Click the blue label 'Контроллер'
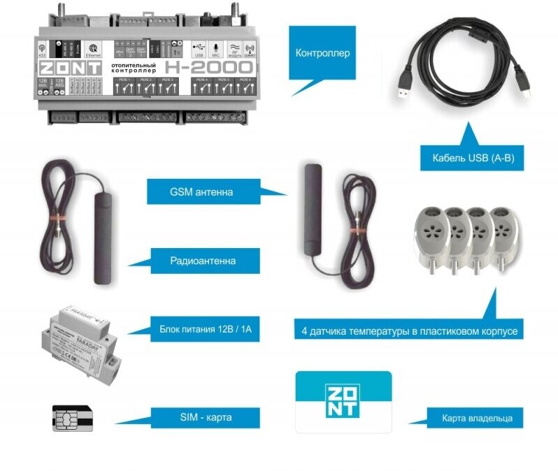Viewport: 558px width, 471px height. click(x=322, y=53)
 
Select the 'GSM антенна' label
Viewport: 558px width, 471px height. click(x=202, y=191)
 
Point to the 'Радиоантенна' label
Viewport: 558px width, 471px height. click(x=203, y=261)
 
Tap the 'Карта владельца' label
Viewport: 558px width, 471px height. click(x=477, y=419)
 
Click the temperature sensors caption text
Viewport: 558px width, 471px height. click(x=410, y=331)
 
